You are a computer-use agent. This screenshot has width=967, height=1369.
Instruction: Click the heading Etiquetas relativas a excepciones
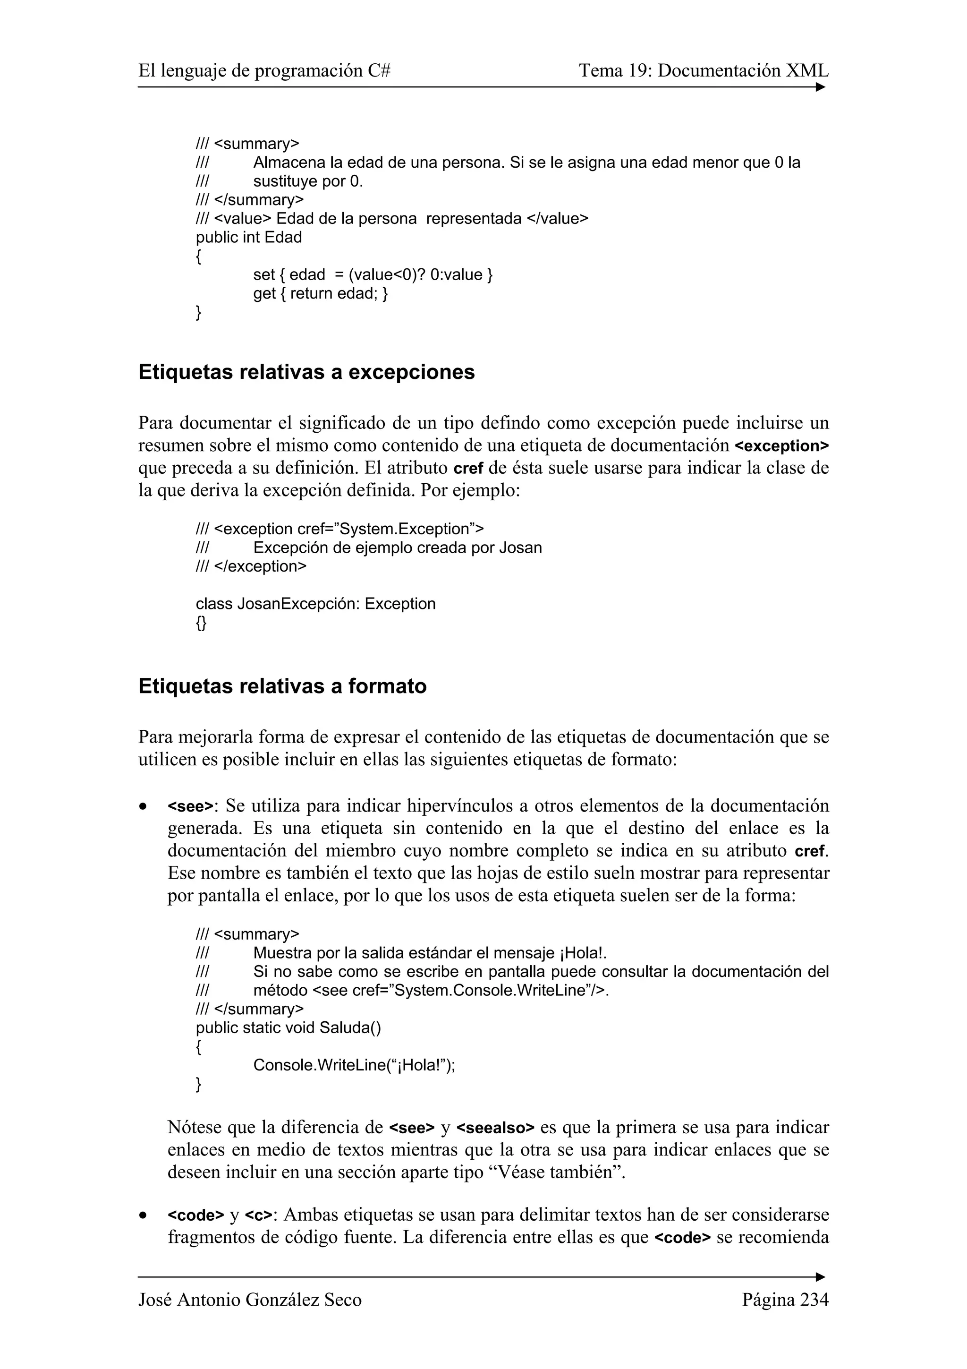[306, 372]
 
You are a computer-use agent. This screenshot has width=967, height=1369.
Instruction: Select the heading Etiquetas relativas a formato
[282, 686]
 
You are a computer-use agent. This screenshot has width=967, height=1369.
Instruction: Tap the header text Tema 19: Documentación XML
[703, 71]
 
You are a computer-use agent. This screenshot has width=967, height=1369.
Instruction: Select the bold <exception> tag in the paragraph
[782, 446]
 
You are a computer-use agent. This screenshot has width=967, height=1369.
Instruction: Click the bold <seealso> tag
[495, 1128]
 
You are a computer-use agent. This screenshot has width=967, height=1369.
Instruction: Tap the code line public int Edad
[248, 237]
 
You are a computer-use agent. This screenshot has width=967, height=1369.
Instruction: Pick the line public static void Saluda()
[288, 1027]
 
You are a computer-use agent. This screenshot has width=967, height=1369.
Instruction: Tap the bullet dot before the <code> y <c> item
[143, 1215]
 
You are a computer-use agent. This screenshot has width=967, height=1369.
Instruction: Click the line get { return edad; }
[320, 293]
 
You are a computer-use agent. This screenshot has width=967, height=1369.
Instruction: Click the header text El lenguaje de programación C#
[264, 71]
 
